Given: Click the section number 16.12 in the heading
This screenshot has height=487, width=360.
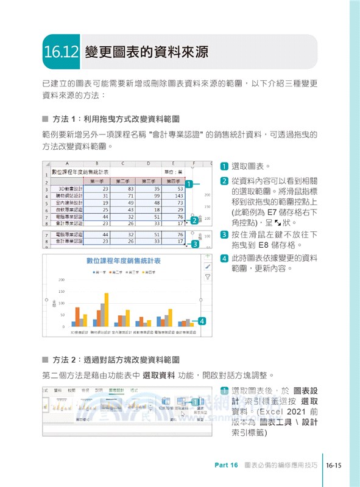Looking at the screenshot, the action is pyautogui.click(x=62, y=52).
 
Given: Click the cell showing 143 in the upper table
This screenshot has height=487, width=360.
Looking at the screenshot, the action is pyautogui.click(x=178, y=196).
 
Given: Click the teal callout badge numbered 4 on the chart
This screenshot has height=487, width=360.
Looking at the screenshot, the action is pyautogui.click(x=202, y=321).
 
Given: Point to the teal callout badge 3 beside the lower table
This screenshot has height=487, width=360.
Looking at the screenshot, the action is pyautogui.click(x=195, y=244).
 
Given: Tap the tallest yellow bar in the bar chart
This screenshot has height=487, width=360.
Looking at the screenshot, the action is pyautogui.click(x=107, y=309).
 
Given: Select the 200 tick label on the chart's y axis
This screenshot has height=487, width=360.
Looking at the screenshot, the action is pyautogui.click(x=62, y=280).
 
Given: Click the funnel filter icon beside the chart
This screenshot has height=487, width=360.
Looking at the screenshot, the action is pyautogui.click(x=208, y=276).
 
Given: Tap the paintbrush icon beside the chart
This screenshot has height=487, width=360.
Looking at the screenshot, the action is pyautogui.click(x=208, y=267).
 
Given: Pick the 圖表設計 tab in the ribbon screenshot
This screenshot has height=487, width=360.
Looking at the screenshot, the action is pyautogui.click(x=116, y=390).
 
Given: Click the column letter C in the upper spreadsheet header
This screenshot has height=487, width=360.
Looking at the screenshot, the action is pyautogui.click(x=123, y=163).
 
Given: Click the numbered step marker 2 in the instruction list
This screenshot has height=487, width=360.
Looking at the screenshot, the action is pyautogui.click(x=224, y=181).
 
